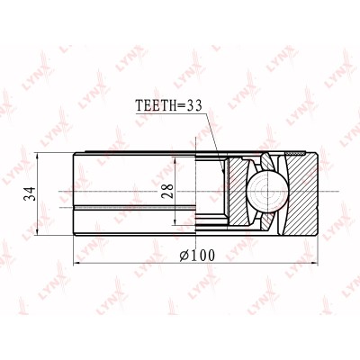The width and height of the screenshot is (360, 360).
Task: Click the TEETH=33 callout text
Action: pyautogui.click(x=169, y=105)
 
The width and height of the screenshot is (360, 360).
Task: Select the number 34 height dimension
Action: pyautogui.click(x=31, y=193)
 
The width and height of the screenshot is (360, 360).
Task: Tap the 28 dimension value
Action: pyautogui.click(x=167, y=191)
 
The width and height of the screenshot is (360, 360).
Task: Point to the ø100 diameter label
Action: pyautogui.click(x=197, y=256)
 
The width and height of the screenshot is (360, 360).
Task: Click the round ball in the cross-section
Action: pyautogui.click(x=267, y=192)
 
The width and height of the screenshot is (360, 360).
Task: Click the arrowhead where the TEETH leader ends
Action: pyautogui.click(x=222, y=170)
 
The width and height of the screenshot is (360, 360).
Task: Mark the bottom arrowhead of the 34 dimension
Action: pyautogui.click(x=37, y=231)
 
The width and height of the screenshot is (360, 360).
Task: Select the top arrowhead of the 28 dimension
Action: pyautogui.click(x=175, y=160)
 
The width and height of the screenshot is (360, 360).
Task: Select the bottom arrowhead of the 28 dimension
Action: pyautogui.click(x=175, y=221)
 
